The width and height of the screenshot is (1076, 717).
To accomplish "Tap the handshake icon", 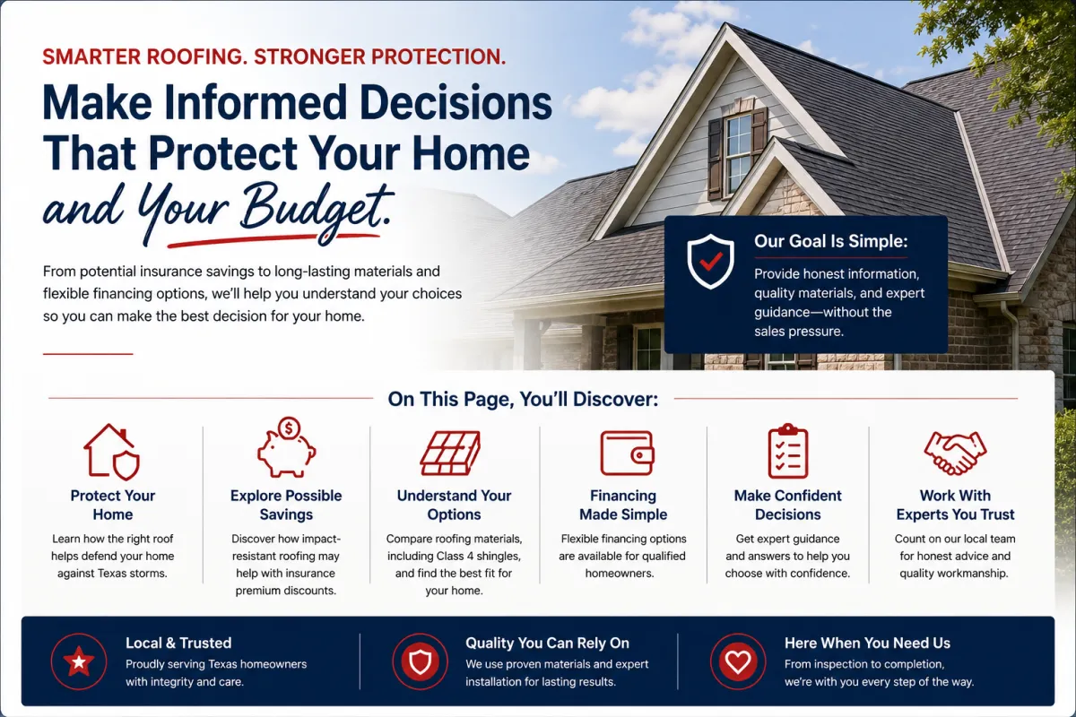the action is pyautogui.click(x=955, y=453).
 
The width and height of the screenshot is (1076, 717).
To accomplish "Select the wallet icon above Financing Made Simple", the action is pyautogui.click(x=627, y=454).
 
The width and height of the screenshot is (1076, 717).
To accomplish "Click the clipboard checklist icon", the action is pyautogui.click(x=788, y=452).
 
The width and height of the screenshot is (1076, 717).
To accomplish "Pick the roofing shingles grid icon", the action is pyautogui.click(x=450, y=453).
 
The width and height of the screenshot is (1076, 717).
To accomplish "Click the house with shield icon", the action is pyautogui.click(x=112, y=452).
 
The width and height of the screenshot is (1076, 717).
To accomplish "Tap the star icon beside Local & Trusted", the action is pyautogui.click(x=79, y=661).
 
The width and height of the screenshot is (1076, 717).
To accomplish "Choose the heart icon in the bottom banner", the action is pyautogui.click(x=738, y=661).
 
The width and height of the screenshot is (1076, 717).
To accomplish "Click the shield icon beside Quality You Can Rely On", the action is pyautogui.click(x=420, y=661).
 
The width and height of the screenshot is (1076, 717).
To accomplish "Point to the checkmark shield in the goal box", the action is pyautogui.click(x=710, y=261).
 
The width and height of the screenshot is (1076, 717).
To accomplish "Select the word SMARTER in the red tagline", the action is pyautogui.click(x=90, y=56).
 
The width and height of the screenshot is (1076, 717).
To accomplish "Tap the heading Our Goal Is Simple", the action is pyautogui.click(x=830, y=241).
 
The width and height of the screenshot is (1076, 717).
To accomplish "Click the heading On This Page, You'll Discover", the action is pyautogui.click(x=523, y=399).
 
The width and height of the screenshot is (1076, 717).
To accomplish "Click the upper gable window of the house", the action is pyautogui.click(x=739, y=153).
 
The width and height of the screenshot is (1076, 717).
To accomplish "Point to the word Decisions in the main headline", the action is pyautogui.click(x=456, y=103).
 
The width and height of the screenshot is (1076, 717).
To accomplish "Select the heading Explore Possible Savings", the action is pyautogui.click(x=286, y=505).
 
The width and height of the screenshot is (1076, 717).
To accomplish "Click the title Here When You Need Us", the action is pyautogui.click(x=867, y=643).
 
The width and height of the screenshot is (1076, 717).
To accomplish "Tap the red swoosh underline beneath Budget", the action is pyautogui.click(x=273, y=240).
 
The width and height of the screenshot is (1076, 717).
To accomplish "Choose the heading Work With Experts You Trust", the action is pyautogui.click(x=955, y=505).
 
